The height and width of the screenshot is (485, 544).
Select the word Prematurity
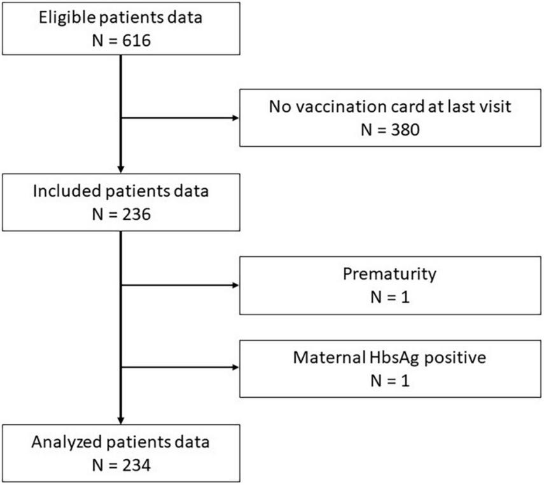click(x=389, y=275)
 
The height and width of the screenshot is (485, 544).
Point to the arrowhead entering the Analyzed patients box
click(x=120, y=420)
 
